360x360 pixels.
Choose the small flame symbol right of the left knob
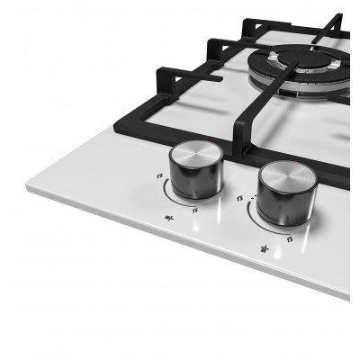pyautogui.click(x=196, y=209)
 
